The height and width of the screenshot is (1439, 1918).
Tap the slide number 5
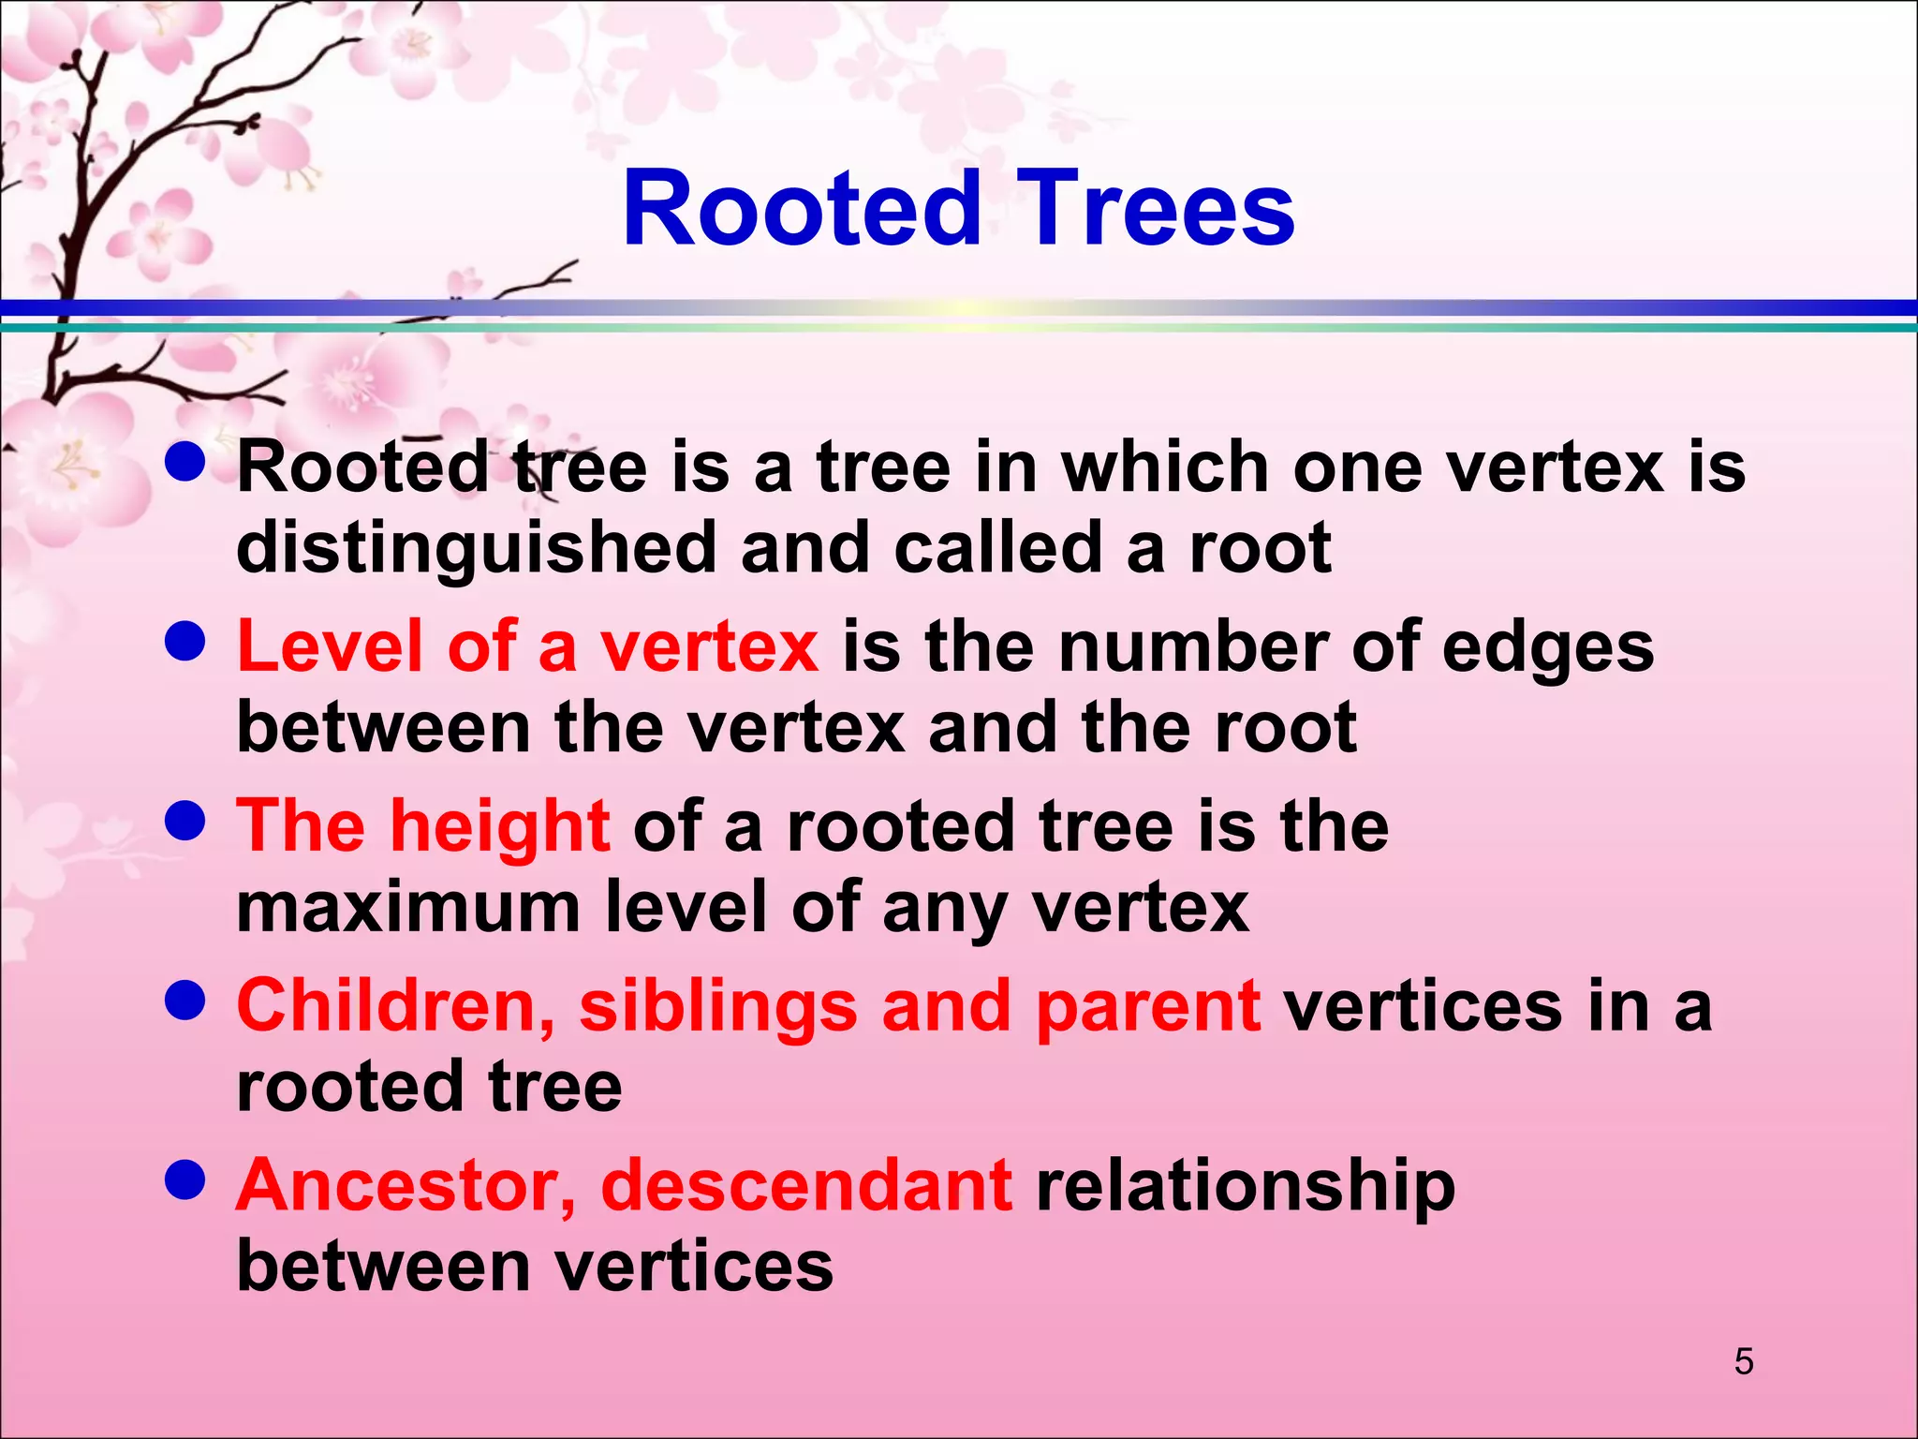point(1743,1361)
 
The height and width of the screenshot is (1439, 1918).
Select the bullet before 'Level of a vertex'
point(184,642)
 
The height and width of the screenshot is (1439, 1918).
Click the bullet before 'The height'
point(184,821)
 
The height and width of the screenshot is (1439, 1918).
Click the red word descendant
point(806,1186)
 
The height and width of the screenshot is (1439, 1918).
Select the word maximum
point(408,907)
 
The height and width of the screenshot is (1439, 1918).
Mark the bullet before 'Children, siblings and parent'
point(184,1001)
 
